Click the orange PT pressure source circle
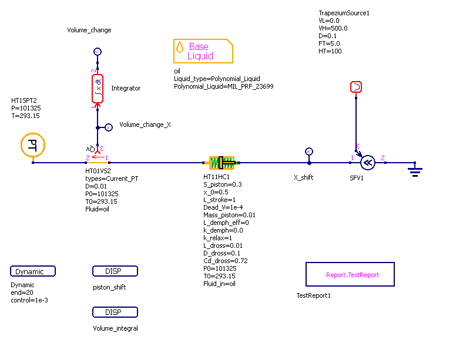[33, 146]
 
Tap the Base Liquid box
[203, 51]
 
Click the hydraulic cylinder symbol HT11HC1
[222, 162]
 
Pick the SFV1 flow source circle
[368, 162]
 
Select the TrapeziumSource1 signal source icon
[356, 87]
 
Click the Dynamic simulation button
[33, 271]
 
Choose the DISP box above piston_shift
[115, 271]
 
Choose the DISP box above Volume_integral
[115, 312]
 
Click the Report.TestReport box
[350, 274]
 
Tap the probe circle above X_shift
[310, 151]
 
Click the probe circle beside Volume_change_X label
[108, 127]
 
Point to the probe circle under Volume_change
[98, 52]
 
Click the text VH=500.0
[333, 28]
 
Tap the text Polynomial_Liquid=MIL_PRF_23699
[223, 86]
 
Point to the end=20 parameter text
[22, 292]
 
